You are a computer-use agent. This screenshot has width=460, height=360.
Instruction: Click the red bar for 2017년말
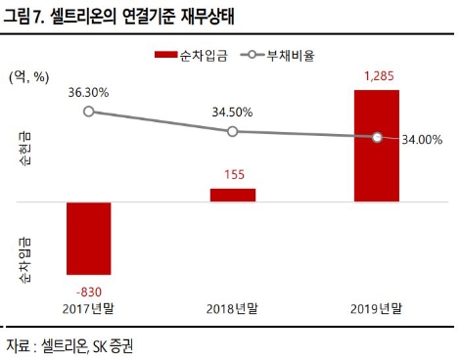pos(88,238)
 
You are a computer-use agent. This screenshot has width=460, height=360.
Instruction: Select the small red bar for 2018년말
pos(232,195)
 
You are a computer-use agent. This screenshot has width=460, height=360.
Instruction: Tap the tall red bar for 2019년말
pos(377,146)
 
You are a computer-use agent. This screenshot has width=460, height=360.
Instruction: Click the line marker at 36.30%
pos(88,112)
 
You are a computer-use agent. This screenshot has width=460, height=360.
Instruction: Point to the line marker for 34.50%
pos(232,131)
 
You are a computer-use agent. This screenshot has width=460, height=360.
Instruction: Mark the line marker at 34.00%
pos(377,138)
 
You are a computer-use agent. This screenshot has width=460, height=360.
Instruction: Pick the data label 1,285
pos(377,75)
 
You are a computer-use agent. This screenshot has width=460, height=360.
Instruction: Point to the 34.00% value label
pos(422,140)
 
